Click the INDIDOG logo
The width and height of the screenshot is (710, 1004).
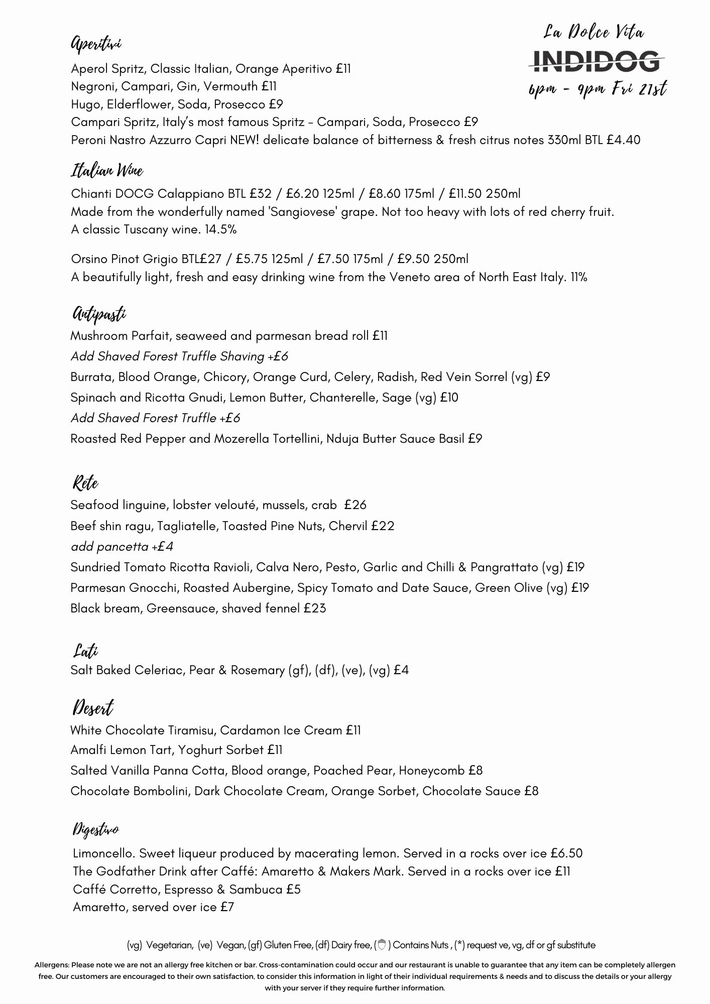coord(597,61)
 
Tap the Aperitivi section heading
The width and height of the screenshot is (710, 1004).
coord(96,44)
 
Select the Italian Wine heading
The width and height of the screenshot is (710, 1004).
coord(107,171)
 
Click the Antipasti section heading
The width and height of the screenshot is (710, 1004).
coord(98,314)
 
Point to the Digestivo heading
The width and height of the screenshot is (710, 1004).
coord(96,829)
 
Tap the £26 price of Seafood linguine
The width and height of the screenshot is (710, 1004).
coord(356,505)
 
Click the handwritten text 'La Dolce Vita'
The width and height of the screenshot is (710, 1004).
coord(594,33)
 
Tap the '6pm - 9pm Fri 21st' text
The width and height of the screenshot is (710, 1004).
coord(597,90)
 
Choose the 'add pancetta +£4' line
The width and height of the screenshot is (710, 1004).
coord(122,547)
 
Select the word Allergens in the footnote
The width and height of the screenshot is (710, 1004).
coord(52,965)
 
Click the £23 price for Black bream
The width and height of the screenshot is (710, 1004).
coord(315,608)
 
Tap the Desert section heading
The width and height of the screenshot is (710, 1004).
coord(93,708)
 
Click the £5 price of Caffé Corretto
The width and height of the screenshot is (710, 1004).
coord(293,890)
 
